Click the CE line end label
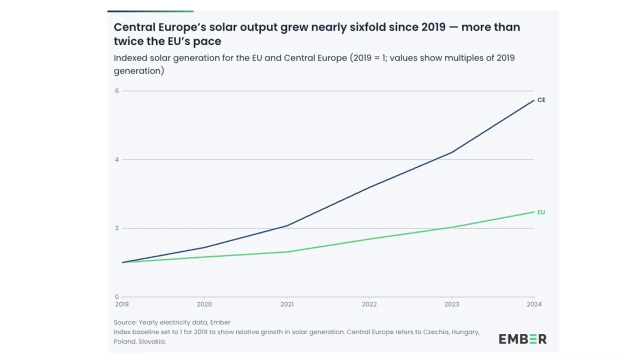[x=541, y=100]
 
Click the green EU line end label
[x=541, y=212]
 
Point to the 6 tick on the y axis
[x=117, y=90]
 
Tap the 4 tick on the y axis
[x=117, y=159]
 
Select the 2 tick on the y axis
[x=117, y=228]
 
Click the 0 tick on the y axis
[x=117, y=296]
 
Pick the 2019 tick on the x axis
[x=122, y=304]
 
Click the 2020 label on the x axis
[x=204, y=304]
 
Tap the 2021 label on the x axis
[x=287, y=304]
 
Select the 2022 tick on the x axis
[x=369, y=304]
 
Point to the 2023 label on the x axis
[x=452, y=304]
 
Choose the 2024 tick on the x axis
[x=534, y=304]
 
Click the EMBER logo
[x=522, y=339]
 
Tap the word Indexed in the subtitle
[x=130, y=58]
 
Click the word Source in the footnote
[x=124, y=322]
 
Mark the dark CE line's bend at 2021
[x=287, y=225]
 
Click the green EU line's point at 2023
[x=452, y=227]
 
